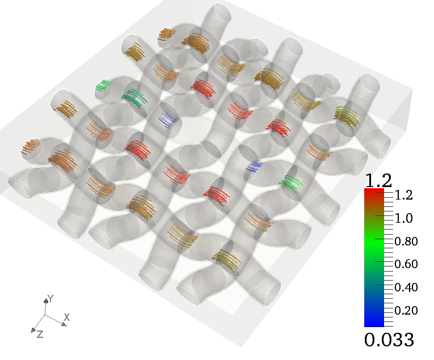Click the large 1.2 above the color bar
pos(378,180)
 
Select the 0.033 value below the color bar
pos(389,340)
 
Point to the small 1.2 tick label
pos(404,195)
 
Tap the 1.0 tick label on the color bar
pos(404,218)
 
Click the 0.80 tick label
pos(406,242)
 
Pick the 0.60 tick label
pos(406,264)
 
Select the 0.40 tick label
pos(406,287)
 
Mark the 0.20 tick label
pos(406,311)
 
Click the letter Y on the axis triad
pos(50,298)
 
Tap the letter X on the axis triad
pos(67,317)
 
